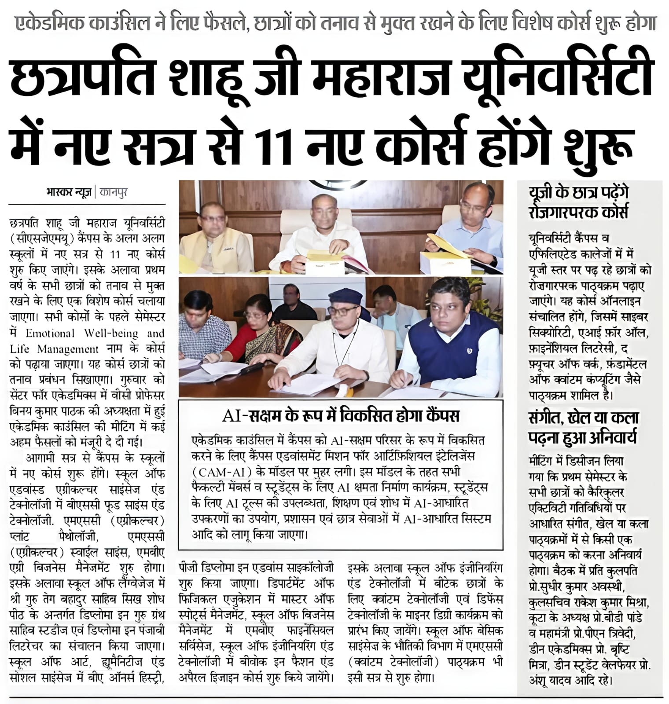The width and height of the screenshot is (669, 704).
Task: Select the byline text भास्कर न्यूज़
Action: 68,193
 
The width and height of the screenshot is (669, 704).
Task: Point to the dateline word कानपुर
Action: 114,193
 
